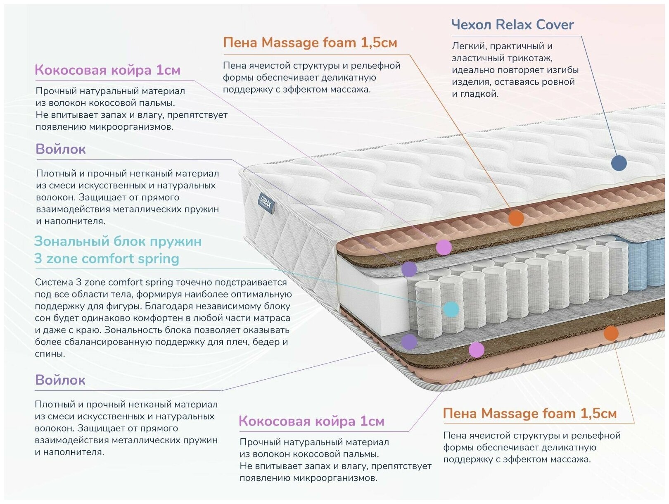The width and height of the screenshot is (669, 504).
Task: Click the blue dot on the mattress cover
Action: coord(618,163)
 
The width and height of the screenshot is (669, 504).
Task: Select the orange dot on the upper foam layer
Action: coord(516,218)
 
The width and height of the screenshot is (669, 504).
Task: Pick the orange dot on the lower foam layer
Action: coord(611,333)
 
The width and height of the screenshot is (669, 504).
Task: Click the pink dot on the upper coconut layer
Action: coord(444,247)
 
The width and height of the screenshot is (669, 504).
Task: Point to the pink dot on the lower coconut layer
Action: coord(476,349)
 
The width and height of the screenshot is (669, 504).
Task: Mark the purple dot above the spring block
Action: coord(409,269)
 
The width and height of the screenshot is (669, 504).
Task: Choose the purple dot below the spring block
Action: coord(409,342)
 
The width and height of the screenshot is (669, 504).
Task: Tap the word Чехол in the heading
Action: coord(471,25)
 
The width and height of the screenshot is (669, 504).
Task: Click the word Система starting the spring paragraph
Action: coord(54,282)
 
